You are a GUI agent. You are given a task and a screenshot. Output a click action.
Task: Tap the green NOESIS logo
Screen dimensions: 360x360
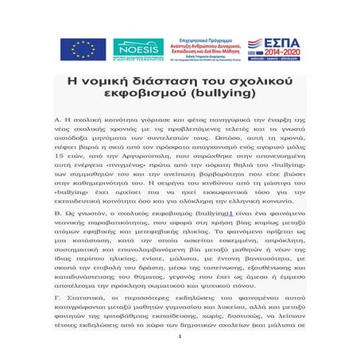pos(138,49)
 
